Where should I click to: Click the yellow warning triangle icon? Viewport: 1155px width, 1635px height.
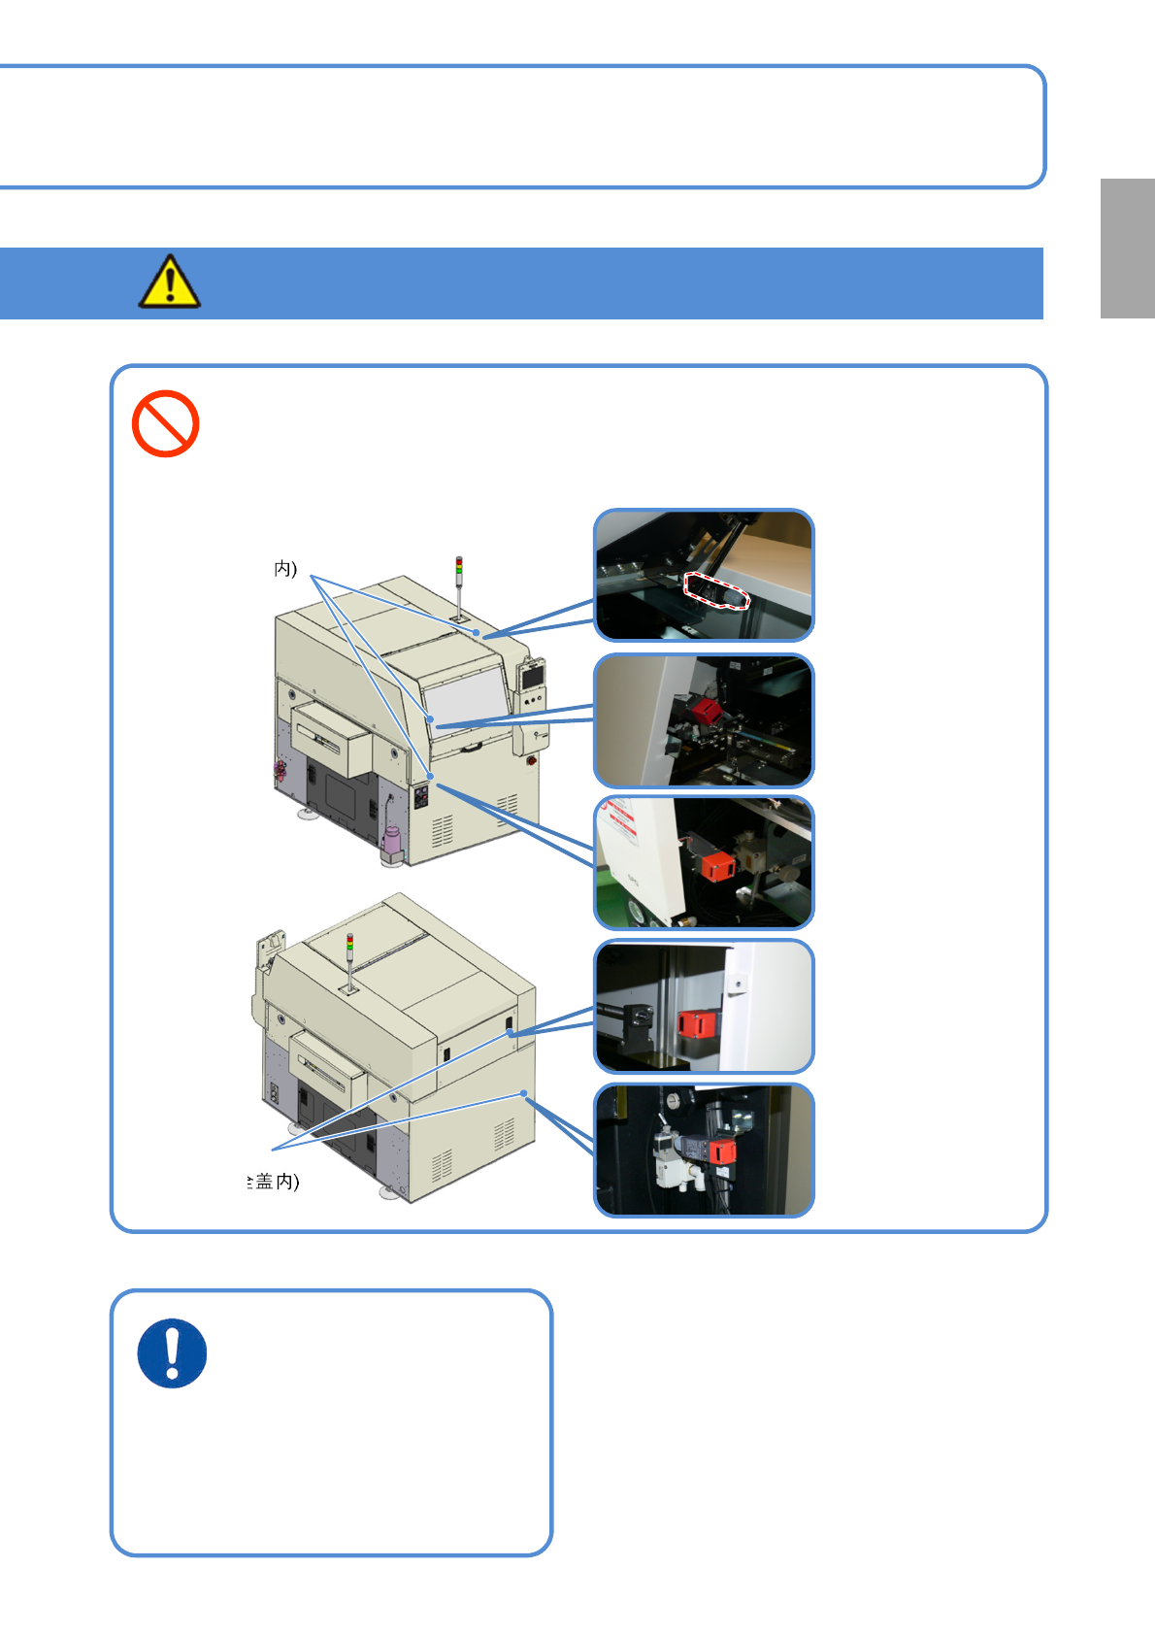click(170, 282)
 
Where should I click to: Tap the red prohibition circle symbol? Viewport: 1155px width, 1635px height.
click(166, 423)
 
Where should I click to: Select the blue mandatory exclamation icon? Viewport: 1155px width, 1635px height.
click(173, 1352)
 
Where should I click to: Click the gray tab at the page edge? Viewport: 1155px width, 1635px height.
click(1127, 249)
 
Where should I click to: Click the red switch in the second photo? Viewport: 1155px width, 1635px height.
click(706, 712)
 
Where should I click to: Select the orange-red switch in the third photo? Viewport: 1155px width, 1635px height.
click(718, 864)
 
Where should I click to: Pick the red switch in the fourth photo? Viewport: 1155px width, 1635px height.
click(695, 1023)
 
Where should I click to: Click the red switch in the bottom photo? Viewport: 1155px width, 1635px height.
click(722, 1152)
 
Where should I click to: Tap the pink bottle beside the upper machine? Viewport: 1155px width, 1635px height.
click(392, 841)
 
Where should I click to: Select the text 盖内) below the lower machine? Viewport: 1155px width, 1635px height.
click(277, 1182)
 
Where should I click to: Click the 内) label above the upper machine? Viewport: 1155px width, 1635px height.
click(285, 568)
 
